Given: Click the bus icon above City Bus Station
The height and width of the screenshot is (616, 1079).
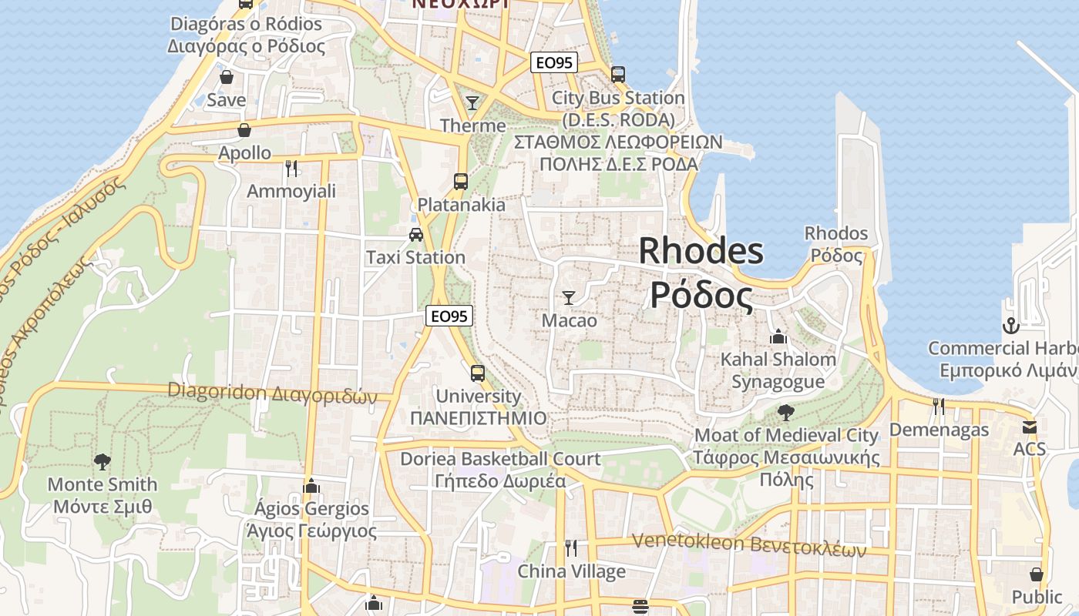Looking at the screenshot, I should coord(617,75).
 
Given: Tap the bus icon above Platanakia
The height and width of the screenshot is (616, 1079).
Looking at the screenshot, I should coord(461,182).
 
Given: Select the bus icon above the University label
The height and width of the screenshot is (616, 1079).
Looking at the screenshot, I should coord(478,373).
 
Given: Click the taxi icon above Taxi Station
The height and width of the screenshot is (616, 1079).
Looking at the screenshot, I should coord(416,234).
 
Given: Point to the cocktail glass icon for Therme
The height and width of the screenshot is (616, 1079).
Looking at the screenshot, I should coord(472,102).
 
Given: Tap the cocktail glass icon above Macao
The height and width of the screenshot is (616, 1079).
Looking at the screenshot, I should coord(569,297).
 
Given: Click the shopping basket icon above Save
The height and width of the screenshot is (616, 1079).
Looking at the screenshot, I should coord(227,77).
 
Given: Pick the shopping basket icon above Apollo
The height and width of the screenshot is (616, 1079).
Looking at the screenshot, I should coord(244,130).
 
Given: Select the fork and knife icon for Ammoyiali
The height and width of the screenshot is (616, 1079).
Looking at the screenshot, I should coord(291,168).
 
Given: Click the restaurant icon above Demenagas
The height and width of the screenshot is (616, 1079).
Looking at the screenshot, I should coord(939,406).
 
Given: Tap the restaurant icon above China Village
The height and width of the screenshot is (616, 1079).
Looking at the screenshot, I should coord(571,548).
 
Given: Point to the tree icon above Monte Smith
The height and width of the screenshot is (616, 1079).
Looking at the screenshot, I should coord(102,462).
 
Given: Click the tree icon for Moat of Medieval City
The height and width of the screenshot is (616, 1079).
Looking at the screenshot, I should coord(786,413).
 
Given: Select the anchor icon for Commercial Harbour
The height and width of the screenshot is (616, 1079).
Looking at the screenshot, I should coord(1010,326).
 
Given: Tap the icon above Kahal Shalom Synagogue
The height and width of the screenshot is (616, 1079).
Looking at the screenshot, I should coord(778,337).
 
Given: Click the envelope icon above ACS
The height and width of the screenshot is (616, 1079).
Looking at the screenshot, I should coord(1030,427).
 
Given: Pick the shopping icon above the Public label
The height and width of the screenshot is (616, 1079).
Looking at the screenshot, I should coord(1037,574).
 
